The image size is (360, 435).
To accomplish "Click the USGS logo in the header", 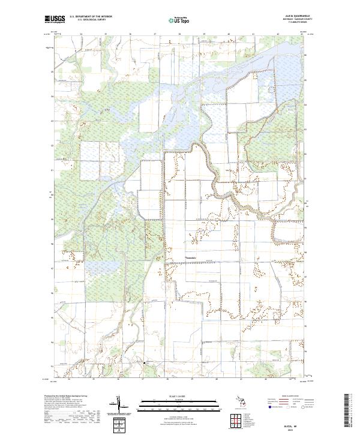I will tap(55, 19).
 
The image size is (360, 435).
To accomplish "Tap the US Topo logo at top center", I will tap(179, 19).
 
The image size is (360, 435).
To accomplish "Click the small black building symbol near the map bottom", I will tap(144, 362).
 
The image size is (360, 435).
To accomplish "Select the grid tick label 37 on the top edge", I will tap(155, 35).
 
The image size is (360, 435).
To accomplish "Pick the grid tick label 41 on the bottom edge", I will tap(241, 380).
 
